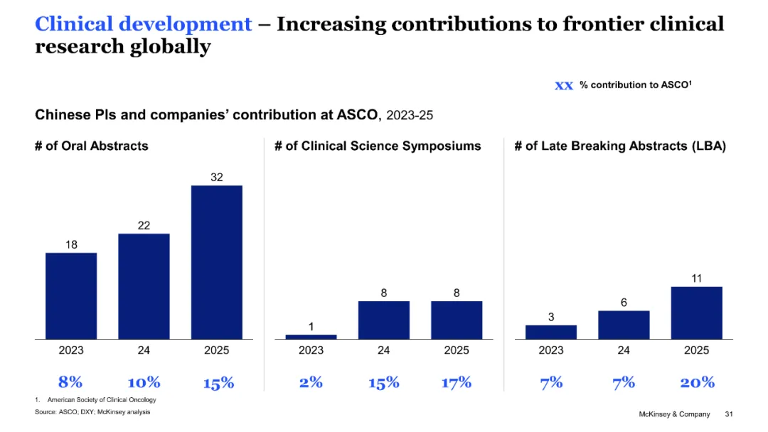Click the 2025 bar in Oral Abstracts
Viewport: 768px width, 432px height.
tap(216, 262)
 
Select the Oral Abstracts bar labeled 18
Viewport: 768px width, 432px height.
tap(71, 296)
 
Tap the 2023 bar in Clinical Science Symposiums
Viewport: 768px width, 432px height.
tap(311, 336)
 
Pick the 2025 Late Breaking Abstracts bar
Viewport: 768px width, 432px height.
tap(696, 313)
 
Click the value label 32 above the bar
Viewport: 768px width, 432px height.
tap(216, 177)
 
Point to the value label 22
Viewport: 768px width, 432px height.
tap(144, 225)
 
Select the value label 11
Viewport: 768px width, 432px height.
tap(696, 279)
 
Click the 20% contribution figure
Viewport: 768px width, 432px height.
tap(697, 382)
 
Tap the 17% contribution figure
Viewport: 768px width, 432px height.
tap(457, 382)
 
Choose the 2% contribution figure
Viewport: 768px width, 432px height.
tap(311, 382)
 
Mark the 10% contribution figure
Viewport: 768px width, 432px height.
tap(144, 382)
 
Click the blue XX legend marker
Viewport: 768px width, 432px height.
tap(563, 85)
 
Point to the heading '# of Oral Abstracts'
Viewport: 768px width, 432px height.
tap(92, 146)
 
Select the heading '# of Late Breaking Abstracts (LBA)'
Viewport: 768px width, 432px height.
tap(619, 146)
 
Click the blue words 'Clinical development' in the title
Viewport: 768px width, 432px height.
tap(143, 24)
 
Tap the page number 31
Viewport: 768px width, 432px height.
tap(728, 414)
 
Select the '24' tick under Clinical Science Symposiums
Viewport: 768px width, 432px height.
tap(384, 350)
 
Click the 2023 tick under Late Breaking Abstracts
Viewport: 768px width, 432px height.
tap(551, 350)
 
